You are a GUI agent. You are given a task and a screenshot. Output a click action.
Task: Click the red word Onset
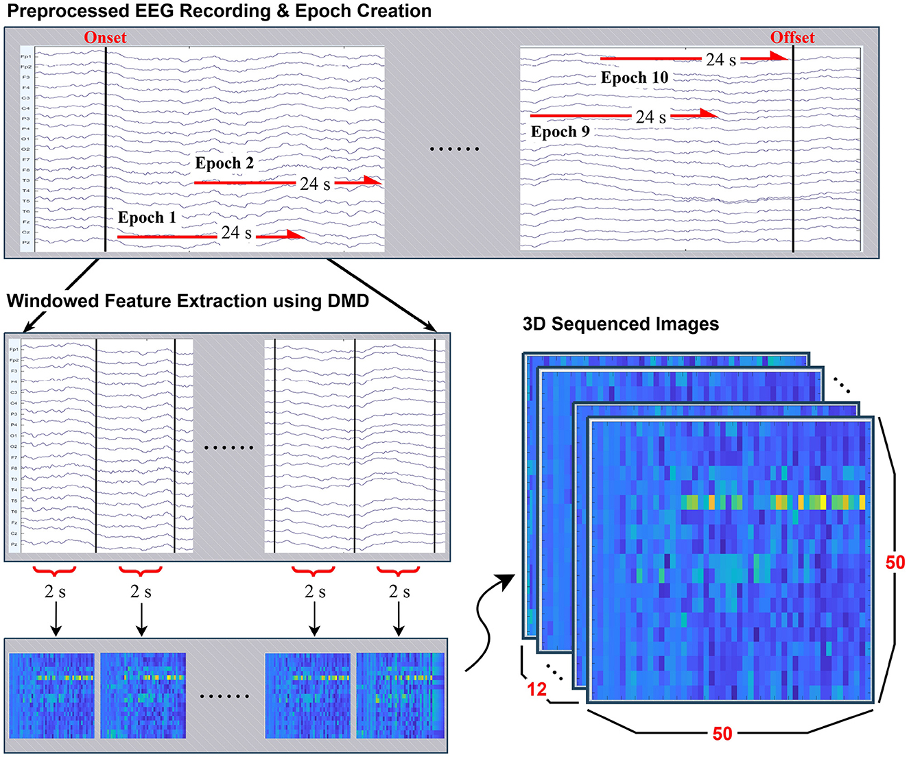pos(105,38)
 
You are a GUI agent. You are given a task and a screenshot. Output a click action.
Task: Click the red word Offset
pos(792,38)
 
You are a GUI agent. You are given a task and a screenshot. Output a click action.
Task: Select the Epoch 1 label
pos(147,218)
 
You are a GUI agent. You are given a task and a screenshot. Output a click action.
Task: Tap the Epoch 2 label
pos(224,163)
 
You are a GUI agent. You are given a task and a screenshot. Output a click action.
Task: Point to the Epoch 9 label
pos(560,132)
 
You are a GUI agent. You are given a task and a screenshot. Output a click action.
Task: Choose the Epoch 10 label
pos(635,78)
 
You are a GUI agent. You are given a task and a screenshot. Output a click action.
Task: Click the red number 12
pos(536,688)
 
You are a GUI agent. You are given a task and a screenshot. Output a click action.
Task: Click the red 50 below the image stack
pos(722,734)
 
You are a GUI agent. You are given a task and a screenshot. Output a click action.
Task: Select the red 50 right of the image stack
pos(895,563)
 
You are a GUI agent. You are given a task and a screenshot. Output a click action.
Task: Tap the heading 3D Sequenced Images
pos(620,324)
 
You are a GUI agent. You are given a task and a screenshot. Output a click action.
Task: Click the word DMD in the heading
pos(351,301)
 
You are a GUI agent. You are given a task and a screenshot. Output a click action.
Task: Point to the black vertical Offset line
pos(793,151)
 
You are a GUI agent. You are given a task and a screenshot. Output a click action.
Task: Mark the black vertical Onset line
pos(105,151)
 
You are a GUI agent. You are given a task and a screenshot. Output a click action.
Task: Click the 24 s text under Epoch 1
pos(236,233)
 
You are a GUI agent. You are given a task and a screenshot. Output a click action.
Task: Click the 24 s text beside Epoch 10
pos(721,60)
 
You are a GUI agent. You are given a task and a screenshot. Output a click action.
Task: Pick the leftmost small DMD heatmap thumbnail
pos(52,695)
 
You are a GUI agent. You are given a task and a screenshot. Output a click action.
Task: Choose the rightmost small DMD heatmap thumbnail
pos(400,695)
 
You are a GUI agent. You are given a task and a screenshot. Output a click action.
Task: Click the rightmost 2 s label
pos(399,592)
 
